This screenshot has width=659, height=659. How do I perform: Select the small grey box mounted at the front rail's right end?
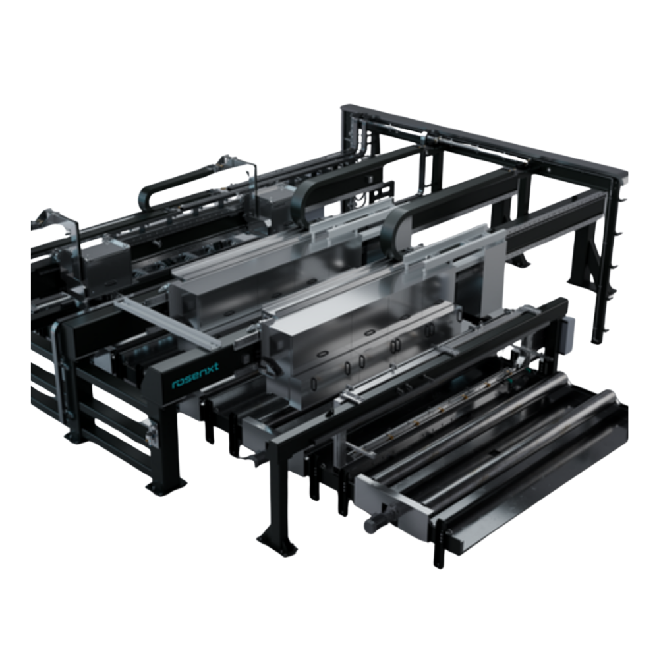click(567, 335)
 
